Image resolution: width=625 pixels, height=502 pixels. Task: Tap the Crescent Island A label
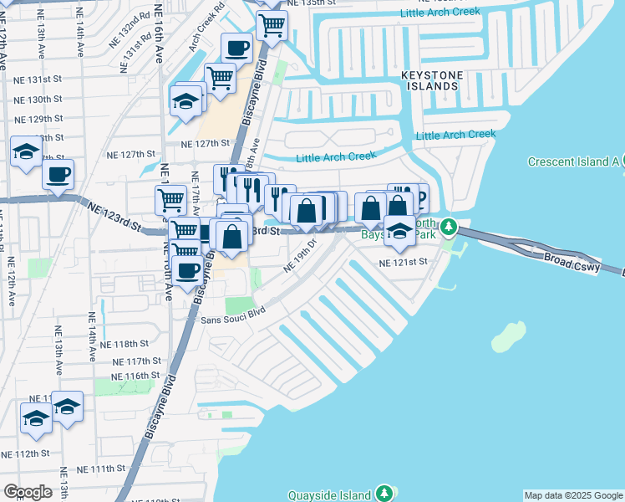coord(572,161)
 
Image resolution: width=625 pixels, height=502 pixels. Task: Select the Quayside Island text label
coord(329,494)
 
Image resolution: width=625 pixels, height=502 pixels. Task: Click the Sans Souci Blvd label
coord(232,315)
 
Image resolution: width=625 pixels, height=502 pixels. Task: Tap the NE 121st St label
coord(403,262)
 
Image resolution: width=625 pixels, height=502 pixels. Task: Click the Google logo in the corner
coord(28,492)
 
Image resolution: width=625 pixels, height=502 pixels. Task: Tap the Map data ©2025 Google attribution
coord(573,495)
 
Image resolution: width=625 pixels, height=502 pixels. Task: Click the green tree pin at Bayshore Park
coord(449,227)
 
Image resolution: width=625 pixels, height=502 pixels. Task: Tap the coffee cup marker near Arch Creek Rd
coord(237,49)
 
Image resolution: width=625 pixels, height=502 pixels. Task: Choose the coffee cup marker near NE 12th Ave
coord(58,175)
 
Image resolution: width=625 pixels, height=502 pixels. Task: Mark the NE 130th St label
coord(39,100)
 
